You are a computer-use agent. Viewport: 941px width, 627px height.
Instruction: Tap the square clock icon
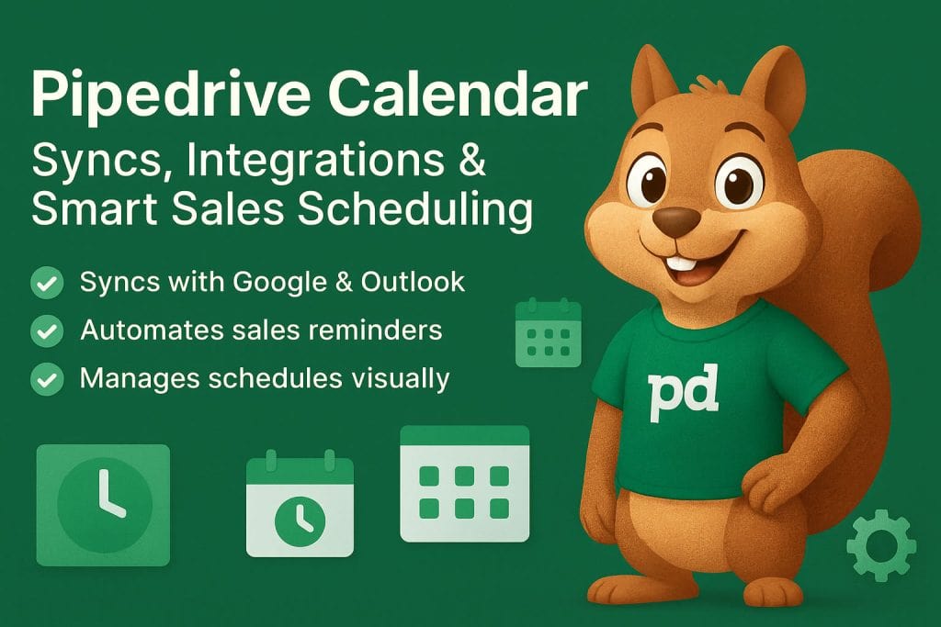tap(103, 504)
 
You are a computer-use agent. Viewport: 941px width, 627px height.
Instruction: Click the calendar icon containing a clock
tap(300, 506)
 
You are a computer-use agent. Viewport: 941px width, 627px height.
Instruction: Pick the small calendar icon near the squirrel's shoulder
tap(549, 332)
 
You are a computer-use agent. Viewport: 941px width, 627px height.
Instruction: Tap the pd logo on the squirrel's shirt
tap(683, 393)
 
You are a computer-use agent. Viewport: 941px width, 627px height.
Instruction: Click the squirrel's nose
tap(678, 219)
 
